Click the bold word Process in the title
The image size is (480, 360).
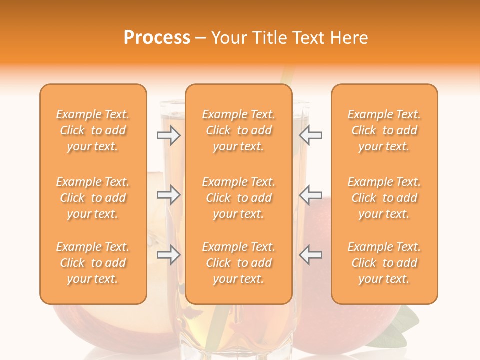coord(157,38)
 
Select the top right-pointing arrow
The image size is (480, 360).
coord(168,135)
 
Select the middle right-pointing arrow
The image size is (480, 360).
coord(168,195)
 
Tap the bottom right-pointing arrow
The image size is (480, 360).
coord(168,255)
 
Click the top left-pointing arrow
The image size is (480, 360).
coord(311,135)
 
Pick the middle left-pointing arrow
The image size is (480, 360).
coord(311,195)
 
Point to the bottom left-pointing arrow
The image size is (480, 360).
coord(311,255)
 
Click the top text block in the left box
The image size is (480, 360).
coord(93,130)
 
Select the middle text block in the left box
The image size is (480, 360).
coord(93,198)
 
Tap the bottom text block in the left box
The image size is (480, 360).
coord(93,263)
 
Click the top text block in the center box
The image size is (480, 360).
coord(239,130)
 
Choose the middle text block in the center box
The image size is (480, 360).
coord(239,198)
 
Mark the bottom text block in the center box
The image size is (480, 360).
coord(239,263)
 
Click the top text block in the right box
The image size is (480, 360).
coord(384,130)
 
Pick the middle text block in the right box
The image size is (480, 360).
coord(384,198)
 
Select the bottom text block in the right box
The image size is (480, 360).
coord(384,263)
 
